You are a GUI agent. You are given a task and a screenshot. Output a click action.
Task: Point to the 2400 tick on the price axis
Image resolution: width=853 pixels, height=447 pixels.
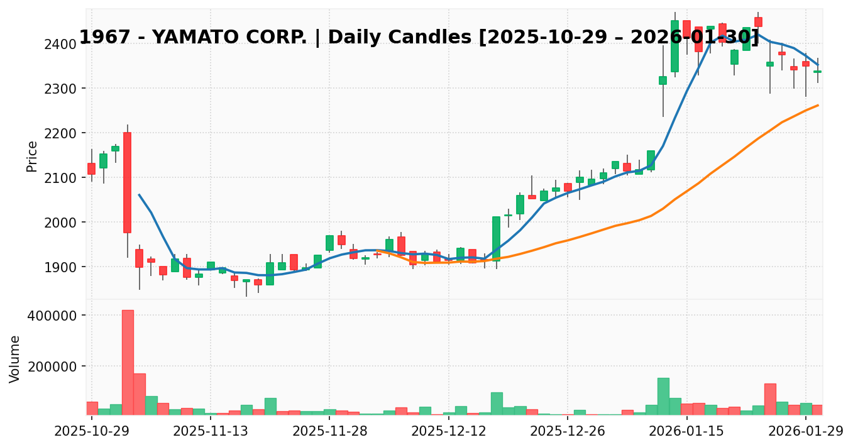click(x=61, y=44)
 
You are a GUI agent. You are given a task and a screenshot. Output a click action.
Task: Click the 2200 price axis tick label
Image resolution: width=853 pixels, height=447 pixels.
click(x=61, y=133)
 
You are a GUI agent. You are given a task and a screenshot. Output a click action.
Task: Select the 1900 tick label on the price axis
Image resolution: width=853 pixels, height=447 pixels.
click(x=61, y=267)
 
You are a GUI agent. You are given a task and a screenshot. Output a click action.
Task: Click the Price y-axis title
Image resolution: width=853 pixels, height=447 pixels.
click(x=32, y=156)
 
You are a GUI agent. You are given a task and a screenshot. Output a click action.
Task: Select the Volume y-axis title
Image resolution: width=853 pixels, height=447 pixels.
click(x=15, y=358)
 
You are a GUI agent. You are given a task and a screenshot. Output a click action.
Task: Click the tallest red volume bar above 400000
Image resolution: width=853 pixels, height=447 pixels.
click(x=128, y=362)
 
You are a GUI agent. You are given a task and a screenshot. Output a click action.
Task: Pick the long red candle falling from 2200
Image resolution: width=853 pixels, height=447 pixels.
click(x=128, y=182)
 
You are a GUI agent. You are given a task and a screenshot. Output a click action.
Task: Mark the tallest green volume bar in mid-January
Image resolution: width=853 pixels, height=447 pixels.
click(x=663, y=396)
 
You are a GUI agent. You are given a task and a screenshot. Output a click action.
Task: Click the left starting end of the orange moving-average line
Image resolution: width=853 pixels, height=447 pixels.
click(x=377, y=250)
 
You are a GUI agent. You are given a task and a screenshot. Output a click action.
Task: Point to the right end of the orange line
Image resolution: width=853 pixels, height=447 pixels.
click(x=818, y=105)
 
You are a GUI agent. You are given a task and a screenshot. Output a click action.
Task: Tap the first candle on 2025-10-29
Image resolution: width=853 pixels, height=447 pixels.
click(x=92, y=168)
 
